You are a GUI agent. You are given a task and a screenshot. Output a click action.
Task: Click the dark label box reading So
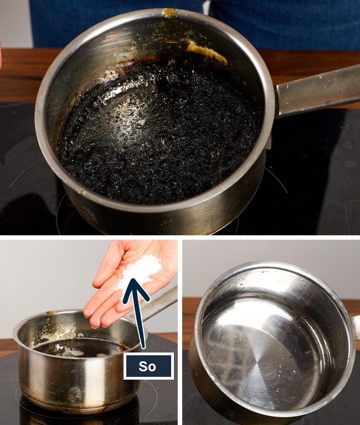(148, 366)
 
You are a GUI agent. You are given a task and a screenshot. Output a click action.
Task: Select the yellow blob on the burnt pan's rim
(170, 13)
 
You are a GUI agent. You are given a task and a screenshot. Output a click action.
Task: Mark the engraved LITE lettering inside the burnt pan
(148, 27)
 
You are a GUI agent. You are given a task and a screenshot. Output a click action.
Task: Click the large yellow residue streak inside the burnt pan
(206, 51)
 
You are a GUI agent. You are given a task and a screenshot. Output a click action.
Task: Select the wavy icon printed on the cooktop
(349, 164)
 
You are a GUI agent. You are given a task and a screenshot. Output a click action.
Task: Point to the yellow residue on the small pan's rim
(51, 313)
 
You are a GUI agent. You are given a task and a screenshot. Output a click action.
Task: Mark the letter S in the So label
(143, 366)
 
